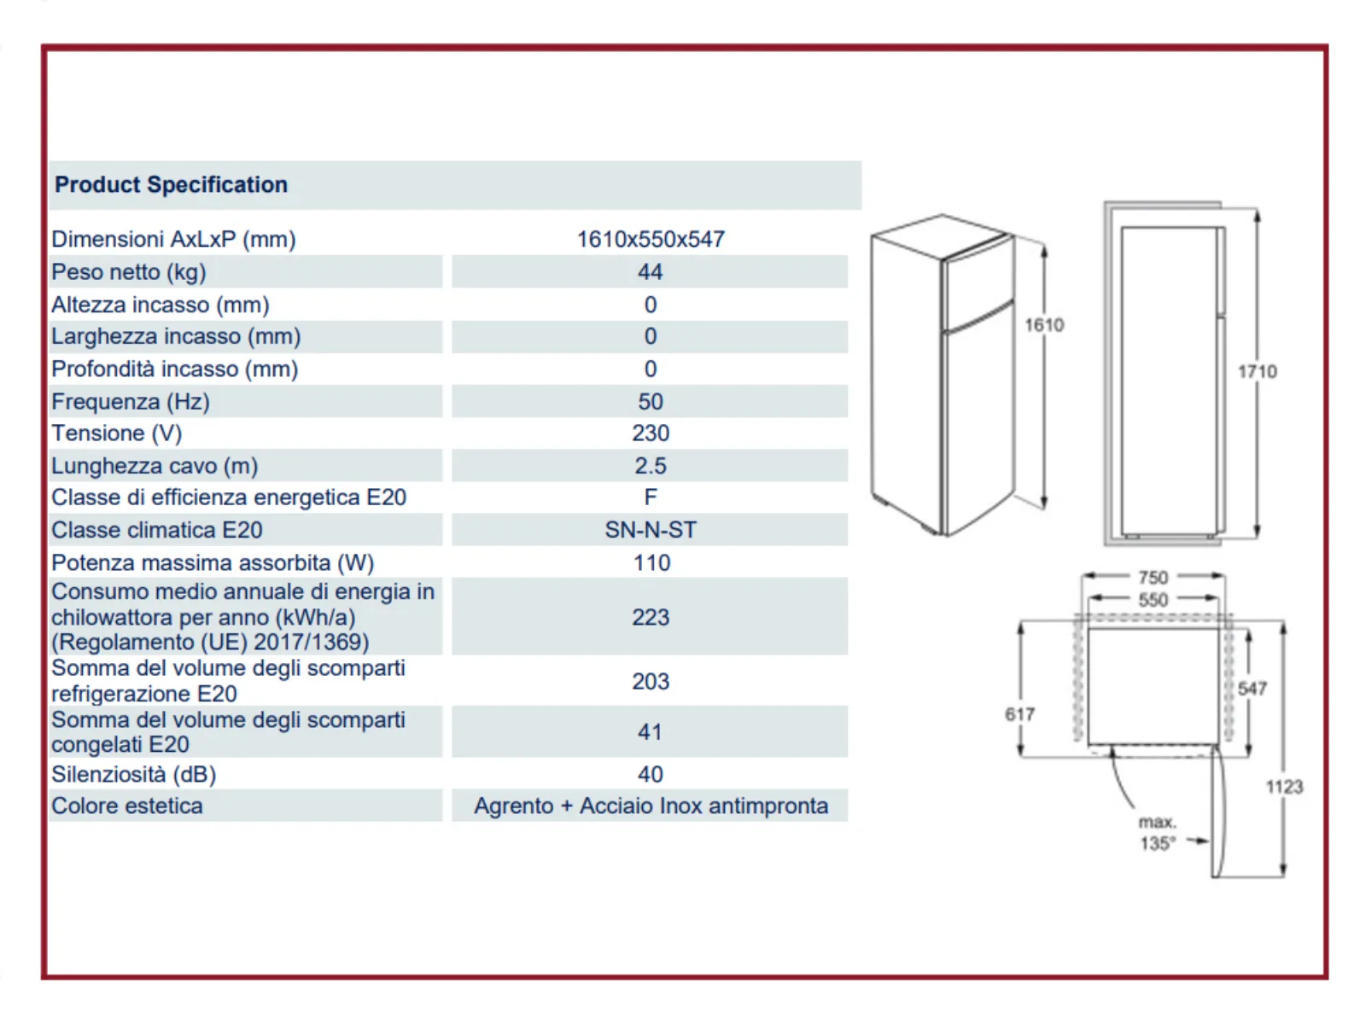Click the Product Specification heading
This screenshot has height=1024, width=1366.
(171, 184)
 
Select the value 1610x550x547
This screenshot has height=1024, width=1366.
(651, 240)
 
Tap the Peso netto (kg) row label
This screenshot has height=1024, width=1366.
(129, 272)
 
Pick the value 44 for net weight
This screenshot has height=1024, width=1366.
(650, 272)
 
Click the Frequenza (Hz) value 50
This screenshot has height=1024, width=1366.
(651, 402)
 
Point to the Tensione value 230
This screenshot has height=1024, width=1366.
(651, 433)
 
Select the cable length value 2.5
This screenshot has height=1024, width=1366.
(651, 466)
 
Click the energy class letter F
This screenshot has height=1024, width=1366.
(651, 497)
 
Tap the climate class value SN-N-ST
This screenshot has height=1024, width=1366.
(651, 530)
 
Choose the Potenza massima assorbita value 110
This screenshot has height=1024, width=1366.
(651, 562)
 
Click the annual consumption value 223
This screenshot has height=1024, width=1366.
(651, 617)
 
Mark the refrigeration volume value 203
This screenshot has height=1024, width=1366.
(651, 682)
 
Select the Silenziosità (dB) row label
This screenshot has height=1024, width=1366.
(134, 775)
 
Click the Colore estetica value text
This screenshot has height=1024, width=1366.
(651, 806)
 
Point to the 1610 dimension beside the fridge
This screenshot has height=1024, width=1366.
(1044, 324)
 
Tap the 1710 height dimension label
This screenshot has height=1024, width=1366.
(1257, 371)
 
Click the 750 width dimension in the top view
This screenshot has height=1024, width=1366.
(1153, 578)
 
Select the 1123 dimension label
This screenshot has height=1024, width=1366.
(1285, 787)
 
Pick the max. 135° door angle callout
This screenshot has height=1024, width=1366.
(1158, 833)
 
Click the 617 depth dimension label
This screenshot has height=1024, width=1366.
(1020, 714)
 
